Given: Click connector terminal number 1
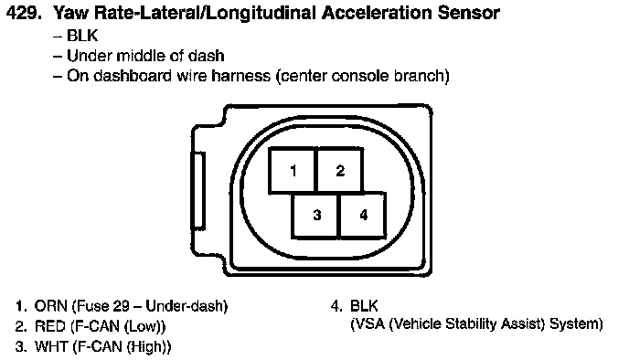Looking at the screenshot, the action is pyautogui.click(x=293, y=170).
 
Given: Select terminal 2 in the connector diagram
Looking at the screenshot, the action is pyautogui.click(x=341, y=170).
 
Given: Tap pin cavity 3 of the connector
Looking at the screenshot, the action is pyautogui.click(x=316, y=216).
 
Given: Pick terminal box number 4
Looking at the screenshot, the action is pyautogui.click(x=364, y=216).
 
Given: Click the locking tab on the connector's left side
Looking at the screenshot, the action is pyautogui.click(x=197, y=190).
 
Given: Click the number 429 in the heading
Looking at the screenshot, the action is pyautogui.click(x=24, y=13).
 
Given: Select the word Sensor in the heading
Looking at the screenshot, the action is pyautogui.click(x=468, y=13).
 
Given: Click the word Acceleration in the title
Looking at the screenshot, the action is pyautogui.click(x=377, y=13).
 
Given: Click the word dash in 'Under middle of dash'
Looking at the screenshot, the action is pyautogui.click(x=207, y=56).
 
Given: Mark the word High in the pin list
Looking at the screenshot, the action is pyautogui.click(x=149, y=346).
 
